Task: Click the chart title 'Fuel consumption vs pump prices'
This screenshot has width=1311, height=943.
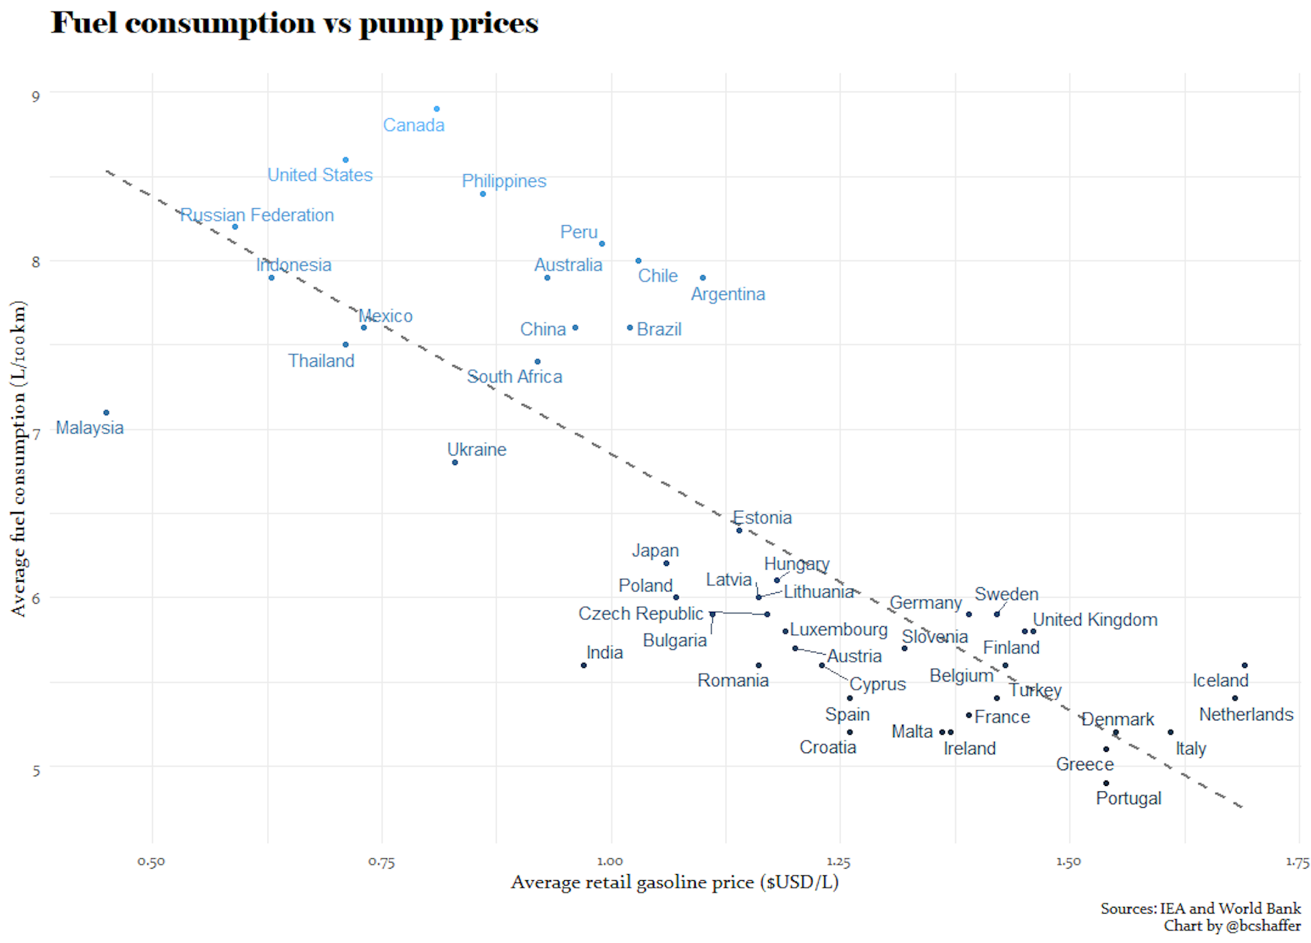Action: [x=294, y=24]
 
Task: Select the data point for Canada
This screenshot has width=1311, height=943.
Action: [x=436, y=109]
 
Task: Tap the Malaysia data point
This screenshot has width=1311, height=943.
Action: [x=106, y=412]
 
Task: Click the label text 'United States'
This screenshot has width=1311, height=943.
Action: [x=320, y=175]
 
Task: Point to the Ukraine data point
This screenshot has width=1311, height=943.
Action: [x=455, y=462]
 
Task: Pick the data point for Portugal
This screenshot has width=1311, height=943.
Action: [x=1105, y=783]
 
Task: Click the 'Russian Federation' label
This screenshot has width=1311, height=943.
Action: [x=257, y=215]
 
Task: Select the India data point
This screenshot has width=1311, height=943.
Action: [x=583, y=665]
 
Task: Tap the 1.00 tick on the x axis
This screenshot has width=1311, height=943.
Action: [x=610, y=862]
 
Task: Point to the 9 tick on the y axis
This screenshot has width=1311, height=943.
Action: [x=36, y=96]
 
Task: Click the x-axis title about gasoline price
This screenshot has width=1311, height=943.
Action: [x=674, y=882]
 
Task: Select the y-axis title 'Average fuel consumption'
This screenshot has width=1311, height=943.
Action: [x=18, y=458]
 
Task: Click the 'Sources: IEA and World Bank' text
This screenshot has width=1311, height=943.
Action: [x=1200, y=908]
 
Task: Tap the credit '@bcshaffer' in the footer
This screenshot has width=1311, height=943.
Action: [x=1263, y=926]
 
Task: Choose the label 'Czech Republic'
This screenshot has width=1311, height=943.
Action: [x=640, y=614]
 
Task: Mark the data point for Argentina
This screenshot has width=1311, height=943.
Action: [x=703, y=277]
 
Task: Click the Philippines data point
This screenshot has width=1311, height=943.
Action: [x=483, y=194]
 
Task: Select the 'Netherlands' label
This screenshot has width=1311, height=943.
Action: [x=1245, y=715]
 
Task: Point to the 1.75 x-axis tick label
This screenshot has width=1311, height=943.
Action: [x=1297, y=862]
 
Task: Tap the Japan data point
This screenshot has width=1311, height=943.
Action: [x=666, y=563]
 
